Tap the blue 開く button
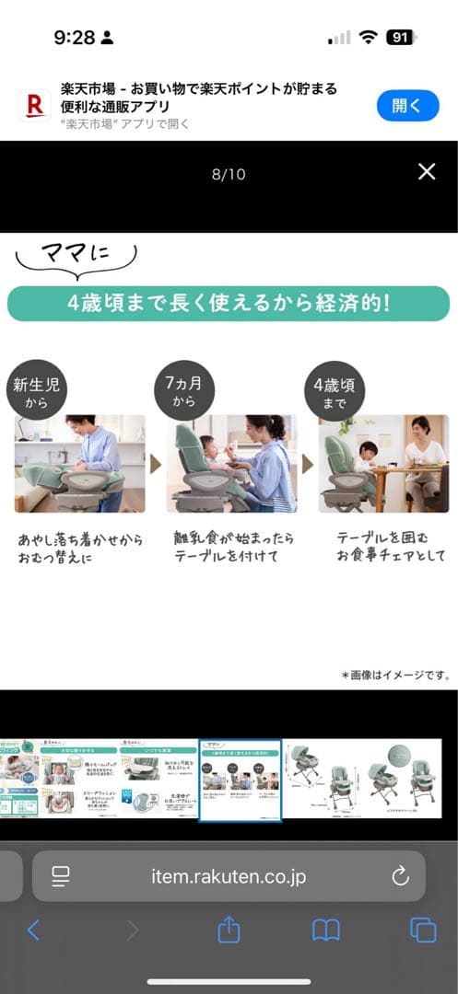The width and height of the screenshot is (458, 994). coord(407,106)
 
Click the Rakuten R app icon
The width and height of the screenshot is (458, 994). coord(35,106)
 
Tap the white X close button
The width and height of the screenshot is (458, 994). coord(427,172)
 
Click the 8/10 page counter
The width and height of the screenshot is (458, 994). coord(229,174)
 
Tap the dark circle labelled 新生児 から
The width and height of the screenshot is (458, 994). coord(38,393)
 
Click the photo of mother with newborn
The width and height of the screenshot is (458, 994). coord(80,463)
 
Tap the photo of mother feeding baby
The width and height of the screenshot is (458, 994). coord(231,463)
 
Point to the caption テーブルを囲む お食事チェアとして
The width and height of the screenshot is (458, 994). coord(391,546)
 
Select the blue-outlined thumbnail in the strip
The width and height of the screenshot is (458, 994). coord(241,779)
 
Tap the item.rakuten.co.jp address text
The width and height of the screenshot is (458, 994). coord(229,876)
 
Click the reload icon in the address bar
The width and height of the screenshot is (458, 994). coord(400,876)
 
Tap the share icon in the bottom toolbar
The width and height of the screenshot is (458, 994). coord(229,930)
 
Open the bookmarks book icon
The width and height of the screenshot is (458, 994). coord(326,930)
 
